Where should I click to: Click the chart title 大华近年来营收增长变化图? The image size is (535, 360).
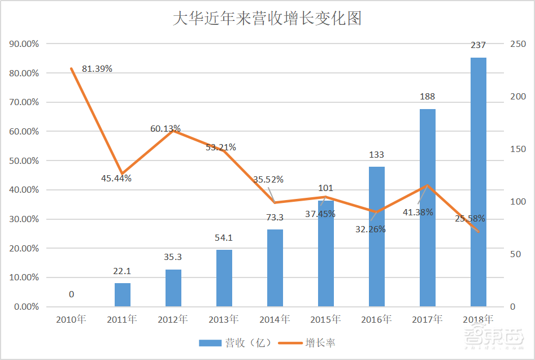point(267,18)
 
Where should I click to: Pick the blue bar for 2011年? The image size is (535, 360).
point(122,294)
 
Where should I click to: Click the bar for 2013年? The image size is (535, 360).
point(224,278)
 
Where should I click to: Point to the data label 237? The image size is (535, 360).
point(478,45)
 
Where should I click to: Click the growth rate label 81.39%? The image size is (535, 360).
point(97,69)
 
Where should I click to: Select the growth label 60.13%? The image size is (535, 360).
point(165,129)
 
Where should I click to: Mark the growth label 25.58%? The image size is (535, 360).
point(469,219)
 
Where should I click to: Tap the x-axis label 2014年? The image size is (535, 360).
point(275,320)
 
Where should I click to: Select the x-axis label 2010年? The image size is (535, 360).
point(71,320)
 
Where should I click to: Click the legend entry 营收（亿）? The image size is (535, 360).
point(236,342)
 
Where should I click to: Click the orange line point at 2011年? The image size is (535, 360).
point(122,174)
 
